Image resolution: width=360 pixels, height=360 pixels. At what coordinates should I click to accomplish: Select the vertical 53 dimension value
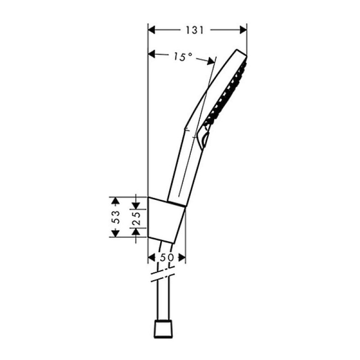116,217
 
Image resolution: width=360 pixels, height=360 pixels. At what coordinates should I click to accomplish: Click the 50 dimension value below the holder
166,258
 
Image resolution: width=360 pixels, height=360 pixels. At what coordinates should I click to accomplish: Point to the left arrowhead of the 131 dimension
152,30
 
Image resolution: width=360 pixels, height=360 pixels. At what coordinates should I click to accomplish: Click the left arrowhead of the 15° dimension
152,54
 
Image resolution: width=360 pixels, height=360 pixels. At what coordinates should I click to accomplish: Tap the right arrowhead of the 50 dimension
182,258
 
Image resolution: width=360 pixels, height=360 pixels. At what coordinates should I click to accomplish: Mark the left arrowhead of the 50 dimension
151,258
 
